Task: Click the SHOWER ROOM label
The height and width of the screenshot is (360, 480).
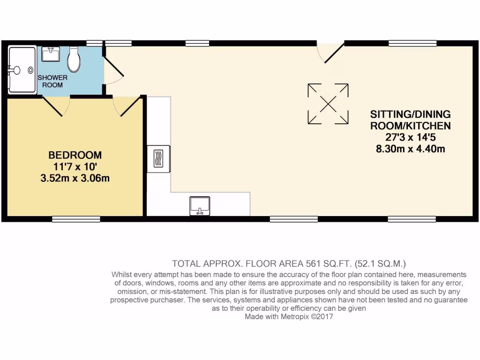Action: (52, 81)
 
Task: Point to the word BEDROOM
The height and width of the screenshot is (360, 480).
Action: (75, 155)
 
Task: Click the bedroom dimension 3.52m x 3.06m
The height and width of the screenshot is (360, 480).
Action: (75, 178)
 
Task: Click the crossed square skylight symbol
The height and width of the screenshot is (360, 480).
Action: (328, 104)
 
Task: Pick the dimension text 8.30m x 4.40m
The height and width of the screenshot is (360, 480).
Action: (410, 149)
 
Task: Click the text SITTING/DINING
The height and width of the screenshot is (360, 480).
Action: (410, 114)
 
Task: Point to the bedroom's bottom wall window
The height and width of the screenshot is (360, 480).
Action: (76, 219)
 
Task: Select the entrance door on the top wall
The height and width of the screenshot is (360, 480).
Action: (330, 52)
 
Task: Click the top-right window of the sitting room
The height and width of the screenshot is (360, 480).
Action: (412, 44)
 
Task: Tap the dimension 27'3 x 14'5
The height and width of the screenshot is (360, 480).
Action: (410, 137)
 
